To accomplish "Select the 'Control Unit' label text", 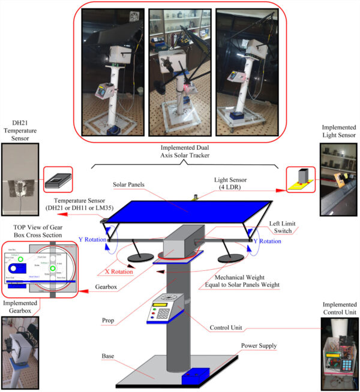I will (229, 328).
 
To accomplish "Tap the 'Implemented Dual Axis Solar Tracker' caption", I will (180, 153).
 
